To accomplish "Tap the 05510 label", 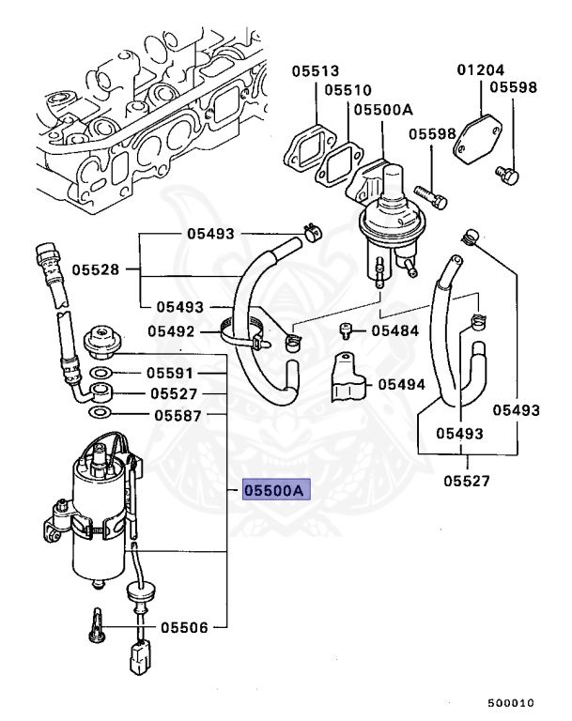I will [x=347, y=90].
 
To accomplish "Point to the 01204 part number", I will [x=481, y=70].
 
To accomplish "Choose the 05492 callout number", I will [x=171, y=331].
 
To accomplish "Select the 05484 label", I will [x=394, y=330].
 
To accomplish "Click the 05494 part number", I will [x=402, y=384].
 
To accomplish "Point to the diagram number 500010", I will [x=510, y=702].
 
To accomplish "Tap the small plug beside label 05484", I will [x=346, y=330].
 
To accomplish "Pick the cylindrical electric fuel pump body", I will [x=99, y=526].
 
